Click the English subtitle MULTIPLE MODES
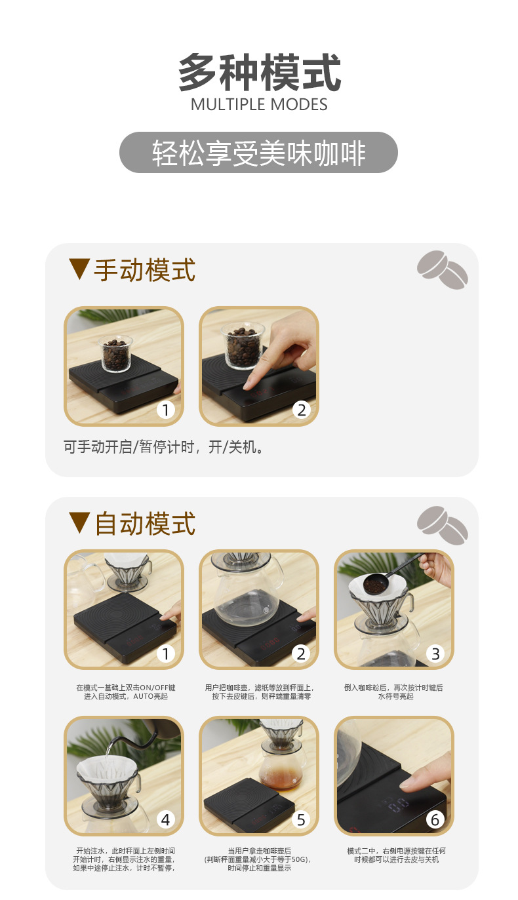point(259,105)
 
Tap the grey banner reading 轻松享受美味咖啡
point(258,153)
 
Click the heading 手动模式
point(145,270)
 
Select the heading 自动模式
point(145,524)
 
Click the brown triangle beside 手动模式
point(79,269)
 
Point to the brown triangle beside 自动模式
point(79,522)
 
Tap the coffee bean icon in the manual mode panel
point(443,269)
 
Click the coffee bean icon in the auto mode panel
point(443,524)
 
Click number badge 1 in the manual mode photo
point(165,410)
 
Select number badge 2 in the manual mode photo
point(301,410)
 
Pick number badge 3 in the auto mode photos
point(435,654)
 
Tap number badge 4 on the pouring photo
point(165,819)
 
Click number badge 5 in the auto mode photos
point(301,819)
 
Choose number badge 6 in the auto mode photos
point(435,819)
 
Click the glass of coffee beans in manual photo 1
point(115,353)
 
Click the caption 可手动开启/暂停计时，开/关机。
point(163,447)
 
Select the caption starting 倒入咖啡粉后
point(394,692)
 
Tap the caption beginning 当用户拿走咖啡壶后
point(258,859)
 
